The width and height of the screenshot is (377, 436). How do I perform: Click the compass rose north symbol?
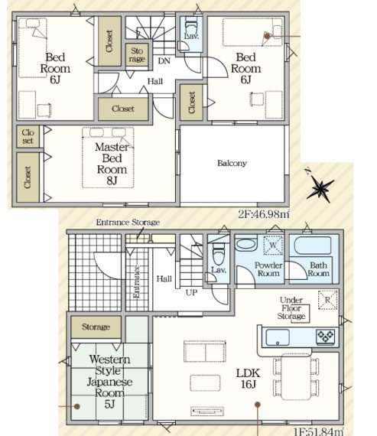tap(320, 187)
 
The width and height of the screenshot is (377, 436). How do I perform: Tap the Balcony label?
tap(232, 163)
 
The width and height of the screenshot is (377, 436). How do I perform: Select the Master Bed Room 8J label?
tap(112, 164)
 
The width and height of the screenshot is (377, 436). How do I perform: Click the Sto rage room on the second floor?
tap(137, 55)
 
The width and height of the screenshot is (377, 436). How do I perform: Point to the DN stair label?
tap(164, 61)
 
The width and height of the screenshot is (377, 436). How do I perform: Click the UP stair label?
tap(191, 292)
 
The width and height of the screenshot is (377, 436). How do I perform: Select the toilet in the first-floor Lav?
tap(219, 254)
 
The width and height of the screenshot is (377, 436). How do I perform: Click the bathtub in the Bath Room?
tap(313, 246)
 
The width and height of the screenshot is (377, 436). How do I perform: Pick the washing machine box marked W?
tap(273, 245)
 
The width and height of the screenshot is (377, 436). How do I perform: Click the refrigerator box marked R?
tap(328, 300)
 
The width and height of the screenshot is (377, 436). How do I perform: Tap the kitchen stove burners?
tap(325, 336)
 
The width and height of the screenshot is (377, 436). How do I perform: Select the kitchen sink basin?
tap(278, 337)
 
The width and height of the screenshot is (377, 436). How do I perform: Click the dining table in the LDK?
tap(296, 377)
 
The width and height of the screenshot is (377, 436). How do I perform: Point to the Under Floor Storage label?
tap(291, 308)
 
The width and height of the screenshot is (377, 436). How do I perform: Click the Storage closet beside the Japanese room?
tap(96, 327)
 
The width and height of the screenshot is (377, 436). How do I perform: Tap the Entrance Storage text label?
tap(128, 222)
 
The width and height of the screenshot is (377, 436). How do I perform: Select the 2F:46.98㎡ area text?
tap(264, 214)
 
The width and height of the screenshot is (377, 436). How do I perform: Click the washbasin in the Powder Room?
tap(245, 245)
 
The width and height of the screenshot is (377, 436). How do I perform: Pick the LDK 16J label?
tap(248, 378)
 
